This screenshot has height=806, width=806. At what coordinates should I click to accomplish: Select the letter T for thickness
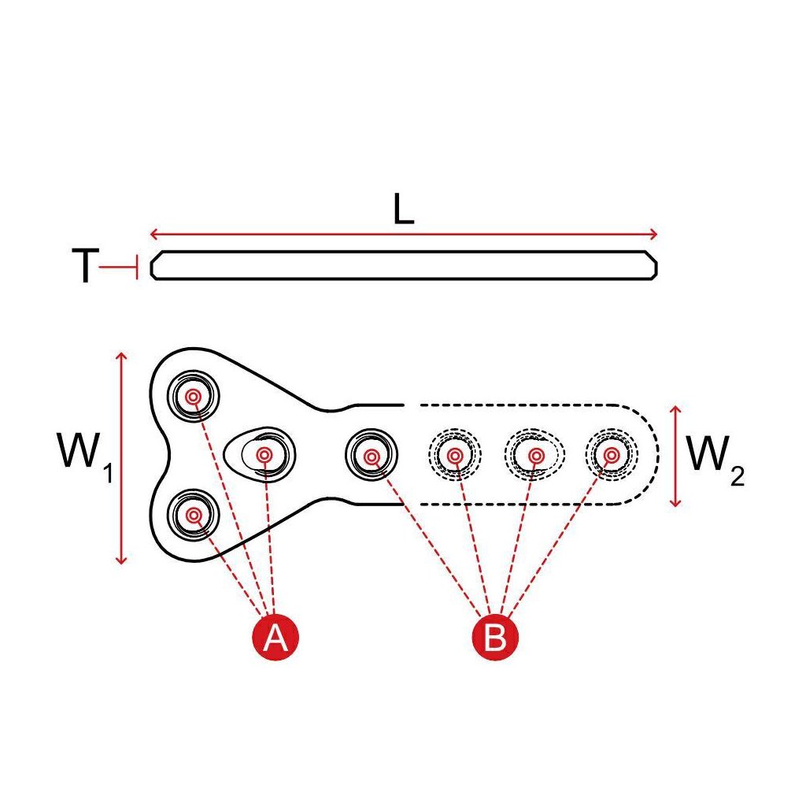tap(85, 268)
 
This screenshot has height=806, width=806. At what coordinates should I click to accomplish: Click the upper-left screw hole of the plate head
tap(193, 397)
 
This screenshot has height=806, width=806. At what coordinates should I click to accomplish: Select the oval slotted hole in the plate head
tap(263, 454)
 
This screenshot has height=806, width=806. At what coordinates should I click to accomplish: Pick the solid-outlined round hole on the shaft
tap(372, 454)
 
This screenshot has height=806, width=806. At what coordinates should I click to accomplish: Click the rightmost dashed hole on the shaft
tap(612, 454)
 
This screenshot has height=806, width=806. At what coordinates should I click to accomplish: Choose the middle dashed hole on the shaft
tap(535, 454)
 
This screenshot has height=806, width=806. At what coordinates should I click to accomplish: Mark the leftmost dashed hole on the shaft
tap(454, 454)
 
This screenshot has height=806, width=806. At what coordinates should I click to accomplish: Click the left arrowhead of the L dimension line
tap(153, 234)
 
